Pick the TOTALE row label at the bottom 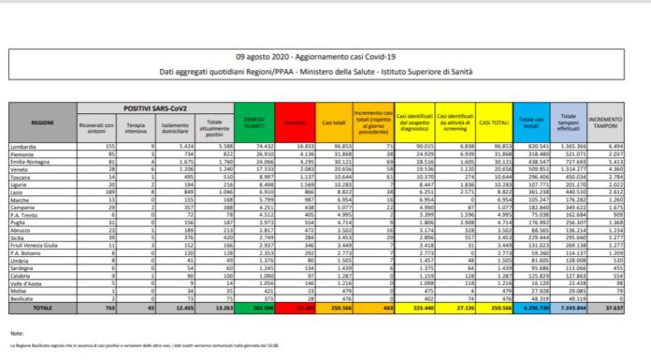pyautogui.click(x=42, y=306)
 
